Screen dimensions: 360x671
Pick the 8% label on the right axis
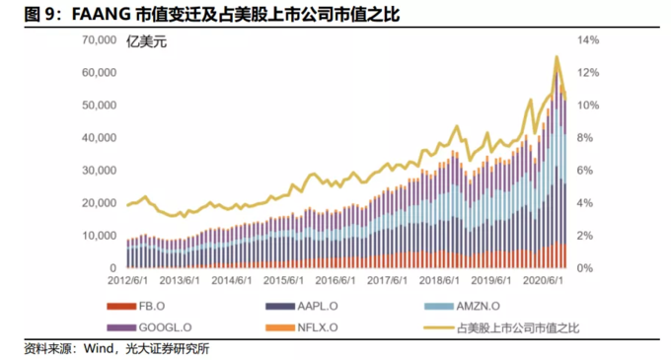click(x=584, y=138)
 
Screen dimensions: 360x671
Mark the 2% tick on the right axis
click(x=584, y=236)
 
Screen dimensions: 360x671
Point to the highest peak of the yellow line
click(x=558, y=57)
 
